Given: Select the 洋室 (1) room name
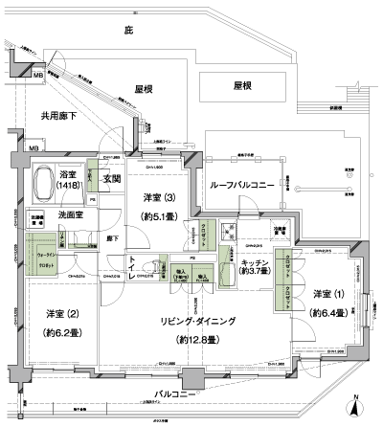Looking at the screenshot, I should coord(323,293).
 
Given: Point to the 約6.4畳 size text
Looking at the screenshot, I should coord(322,312).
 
